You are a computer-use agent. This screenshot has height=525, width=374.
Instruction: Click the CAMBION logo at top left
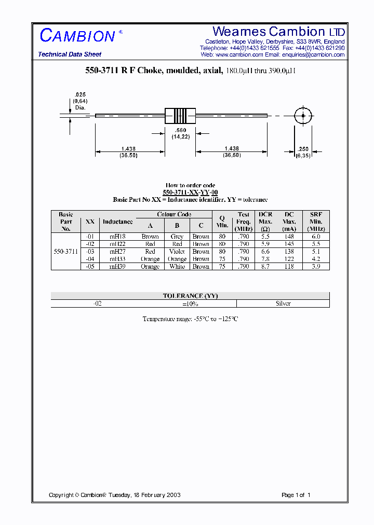click(x=78, y=36)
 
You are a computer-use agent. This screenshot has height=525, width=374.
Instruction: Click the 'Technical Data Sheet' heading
click(x=70, y=54)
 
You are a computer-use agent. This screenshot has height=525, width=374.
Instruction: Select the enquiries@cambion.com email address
click(x=313, y=54)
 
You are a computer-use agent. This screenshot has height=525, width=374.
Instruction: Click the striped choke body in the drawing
click(x=180, y=115)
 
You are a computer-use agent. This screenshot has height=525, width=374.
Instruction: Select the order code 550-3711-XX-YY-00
click(x=190, y=192)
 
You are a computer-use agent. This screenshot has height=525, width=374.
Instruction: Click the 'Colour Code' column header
click(x=174, y=214)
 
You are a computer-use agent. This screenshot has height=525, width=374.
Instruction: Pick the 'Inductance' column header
click(x=117, y=222)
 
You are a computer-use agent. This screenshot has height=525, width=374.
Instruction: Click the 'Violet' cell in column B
click(x=177, y=252)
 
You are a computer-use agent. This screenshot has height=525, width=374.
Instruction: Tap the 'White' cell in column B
click(x=177, y=267)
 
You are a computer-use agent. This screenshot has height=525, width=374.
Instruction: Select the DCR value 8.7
click(x=265, y=267)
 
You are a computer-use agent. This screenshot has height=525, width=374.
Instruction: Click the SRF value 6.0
click(x=316, y=237)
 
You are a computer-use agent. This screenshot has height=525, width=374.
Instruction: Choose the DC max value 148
click(x=289, y=237)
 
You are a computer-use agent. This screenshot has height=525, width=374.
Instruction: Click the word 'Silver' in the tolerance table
click(x=283, y=303)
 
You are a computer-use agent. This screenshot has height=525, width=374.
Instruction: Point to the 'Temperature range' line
click(x=190, y=319)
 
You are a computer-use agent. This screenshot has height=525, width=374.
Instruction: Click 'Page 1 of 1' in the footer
click(x=296, y=495)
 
